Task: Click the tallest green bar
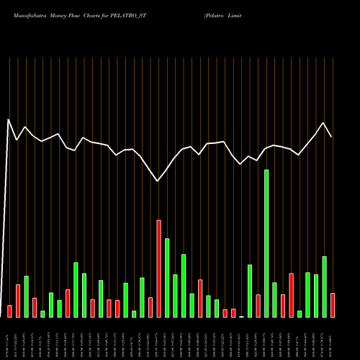[x=266, y=243]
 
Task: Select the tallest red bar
[x=158, y=269]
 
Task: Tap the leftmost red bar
[x=9, y=311]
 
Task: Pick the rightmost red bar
[x=333, y=305]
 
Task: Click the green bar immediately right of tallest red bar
[x=167, y=277]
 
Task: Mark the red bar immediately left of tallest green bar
[x=258, y=306]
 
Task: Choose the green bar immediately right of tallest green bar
[x=274, y=300]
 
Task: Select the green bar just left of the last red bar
[x=324, y=287]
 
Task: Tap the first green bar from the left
[x=26, y=297]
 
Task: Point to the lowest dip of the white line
[x=158, y=181]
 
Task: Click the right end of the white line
[x=331, y=137]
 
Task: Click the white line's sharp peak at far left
[x=9, y=120]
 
